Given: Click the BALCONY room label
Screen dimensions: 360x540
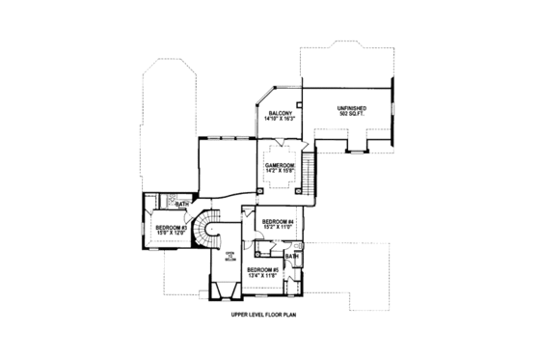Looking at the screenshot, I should tap(281, 113).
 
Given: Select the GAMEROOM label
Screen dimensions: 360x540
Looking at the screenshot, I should tap(280, 165).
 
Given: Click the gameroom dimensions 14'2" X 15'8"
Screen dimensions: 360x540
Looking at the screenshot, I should tap(280, 172).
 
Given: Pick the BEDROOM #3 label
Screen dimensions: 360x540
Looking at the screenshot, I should tap(171, 228).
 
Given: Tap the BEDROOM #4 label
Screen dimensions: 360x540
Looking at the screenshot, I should tap(278, 221).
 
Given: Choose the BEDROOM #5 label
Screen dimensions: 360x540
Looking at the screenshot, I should tap(261, 268).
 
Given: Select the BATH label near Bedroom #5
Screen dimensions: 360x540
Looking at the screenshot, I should tap(290, 256).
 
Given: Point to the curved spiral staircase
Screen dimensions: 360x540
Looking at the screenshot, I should tap(206, 232).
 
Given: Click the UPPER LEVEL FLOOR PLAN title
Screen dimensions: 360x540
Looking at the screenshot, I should tap(269, 317).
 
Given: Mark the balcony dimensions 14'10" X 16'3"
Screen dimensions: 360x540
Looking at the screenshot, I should tap(281, 119).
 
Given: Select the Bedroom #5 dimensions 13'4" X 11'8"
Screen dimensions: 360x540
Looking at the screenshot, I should tap(261, 275).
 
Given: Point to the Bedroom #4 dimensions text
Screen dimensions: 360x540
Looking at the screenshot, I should tap(278, 228).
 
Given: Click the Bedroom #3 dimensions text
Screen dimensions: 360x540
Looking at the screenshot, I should tap(171, 234).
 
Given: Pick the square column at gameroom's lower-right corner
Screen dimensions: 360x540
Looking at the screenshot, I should tap(299, 191).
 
